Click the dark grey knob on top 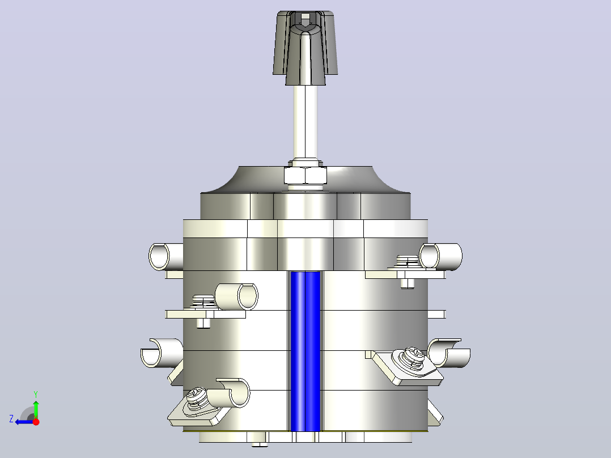point(305,47)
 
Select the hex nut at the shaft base point(305,175)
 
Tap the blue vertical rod point(306,351)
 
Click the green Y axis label point(36,394)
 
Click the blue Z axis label point(11,419)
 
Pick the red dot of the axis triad point(36,422)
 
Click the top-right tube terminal point(440,256)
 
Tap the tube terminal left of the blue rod point(236,296)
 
